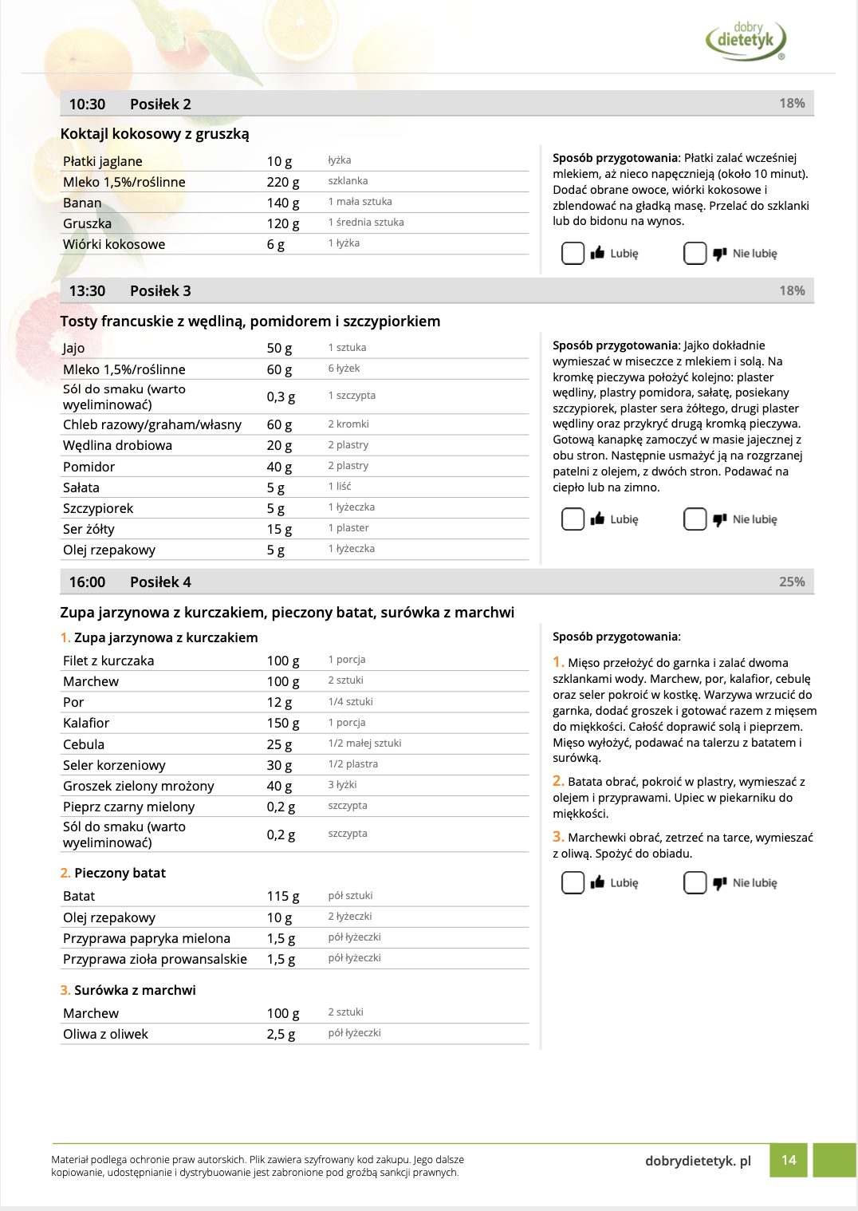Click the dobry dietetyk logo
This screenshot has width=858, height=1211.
746,41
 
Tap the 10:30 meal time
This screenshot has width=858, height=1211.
87,105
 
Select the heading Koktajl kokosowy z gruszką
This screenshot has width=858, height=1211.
155,134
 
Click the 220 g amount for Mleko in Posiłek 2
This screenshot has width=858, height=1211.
282,182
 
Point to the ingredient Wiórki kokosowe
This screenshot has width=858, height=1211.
114,244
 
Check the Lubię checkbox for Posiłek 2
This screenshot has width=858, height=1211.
573,254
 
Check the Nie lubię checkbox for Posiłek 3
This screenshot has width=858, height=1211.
695,519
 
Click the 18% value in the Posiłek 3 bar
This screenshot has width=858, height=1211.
791,290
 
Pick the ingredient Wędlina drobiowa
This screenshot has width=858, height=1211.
117,445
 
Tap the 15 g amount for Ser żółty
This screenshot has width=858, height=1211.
279,529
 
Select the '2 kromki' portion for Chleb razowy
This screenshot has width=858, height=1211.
348,424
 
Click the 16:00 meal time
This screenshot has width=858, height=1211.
87,582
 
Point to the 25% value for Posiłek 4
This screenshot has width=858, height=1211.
791,582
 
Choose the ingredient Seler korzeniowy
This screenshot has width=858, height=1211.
114,765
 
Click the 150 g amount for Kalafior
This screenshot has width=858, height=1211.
282,723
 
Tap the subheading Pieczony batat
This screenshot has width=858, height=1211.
120,873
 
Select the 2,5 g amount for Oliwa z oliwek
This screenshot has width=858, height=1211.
281,1034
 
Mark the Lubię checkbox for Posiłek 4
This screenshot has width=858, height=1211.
573,883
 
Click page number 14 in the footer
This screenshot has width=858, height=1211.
789,1160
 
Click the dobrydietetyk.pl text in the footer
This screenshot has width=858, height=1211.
698,1161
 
